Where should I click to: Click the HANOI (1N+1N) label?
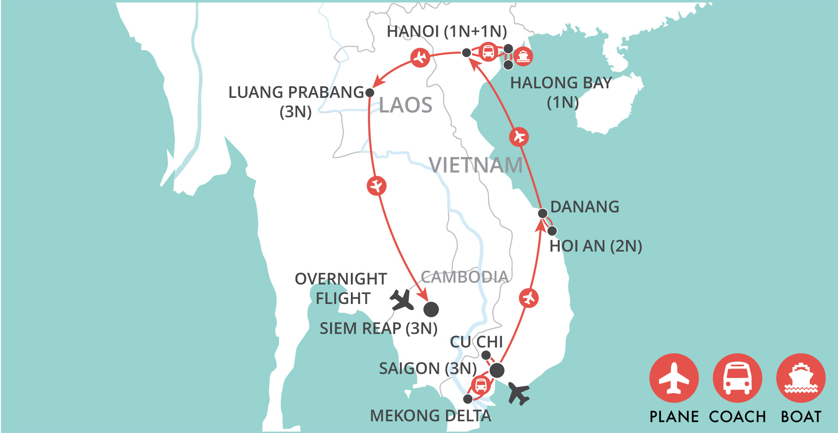coord(446,32)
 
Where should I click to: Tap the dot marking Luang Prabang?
coord(370,92)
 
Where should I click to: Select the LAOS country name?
coord(405,105)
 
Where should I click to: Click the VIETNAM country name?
coord(475,165)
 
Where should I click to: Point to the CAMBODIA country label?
coord(464,277)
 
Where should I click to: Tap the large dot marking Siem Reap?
coord(431,309)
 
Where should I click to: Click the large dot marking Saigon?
coord(497,370)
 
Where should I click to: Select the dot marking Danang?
coord(543,213)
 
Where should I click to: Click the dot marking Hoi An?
coord(552,231)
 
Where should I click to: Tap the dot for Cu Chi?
coord(486,355)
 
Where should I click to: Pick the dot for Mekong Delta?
coord(468,399)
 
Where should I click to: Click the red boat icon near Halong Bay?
coord(523,56)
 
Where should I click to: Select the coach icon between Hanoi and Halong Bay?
coord(488,52)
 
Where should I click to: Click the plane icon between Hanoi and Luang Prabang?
coord(420,57)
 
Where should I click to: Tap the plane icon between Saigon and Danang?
coord(529,298)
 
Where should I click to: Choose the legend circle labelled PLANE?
coord(674,378)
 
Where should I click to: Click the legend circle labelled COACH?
coord(737,378)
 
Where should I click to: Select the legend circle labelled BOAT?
coord(801,378)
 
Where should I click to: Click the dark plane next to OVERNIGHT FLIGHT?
coord(401,300)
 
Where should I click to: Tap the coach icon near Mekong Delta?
coord(481,385)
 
